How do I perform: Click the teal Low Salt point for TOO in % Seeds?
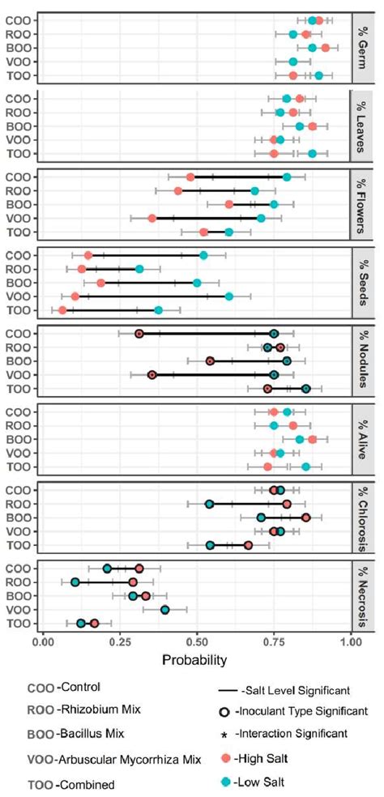click(159, 310)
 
